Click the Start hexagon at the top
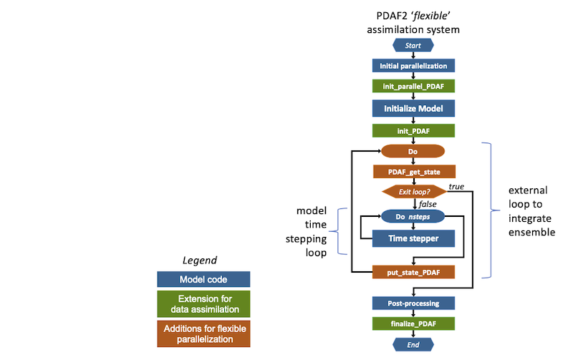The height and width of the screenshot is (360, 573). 413,45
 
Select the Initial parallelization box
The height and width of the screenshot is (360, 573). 413,66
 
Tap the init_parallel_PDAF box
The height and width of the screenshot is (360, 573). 413,86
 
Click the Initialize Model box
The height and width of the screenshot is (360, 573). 413,109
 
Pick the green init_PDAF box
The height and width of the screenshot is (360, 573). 413,131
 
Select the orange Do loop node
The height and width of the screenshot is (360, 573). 413,151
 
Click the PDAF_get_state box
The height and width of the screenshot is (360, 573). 414,172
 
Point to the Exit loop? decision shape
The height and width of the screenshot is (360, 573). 415,192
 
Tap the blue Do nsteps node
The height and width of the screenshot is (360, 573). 413,217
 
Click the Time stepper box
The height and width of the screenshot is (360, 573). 413,238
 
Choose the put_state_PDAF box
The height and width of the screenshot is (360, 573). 413,272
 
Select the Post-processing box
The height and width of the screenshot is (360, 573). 413,303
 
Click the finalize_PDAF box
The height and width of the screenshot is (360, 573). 413,323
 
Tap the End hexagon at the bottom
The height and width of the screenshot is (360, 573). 413,344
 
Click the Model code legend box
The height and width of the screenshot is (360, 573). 203,279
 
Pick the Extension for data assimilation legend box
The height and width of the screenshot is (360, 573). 203,303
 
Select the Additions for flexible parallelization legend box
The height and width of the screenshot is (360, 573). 203,334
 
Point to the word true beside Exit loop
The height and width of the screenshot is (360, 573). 456,187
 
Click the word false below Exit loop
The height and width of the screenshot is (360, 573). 428,204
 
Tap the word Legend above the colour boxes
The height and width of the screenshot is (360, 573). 200,261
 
